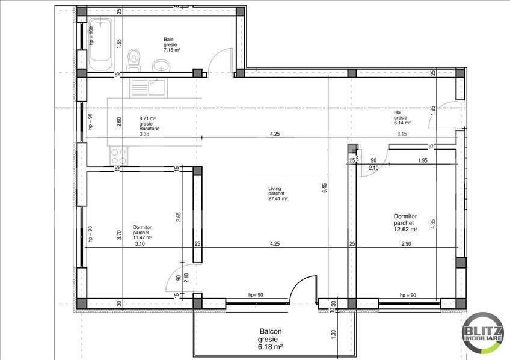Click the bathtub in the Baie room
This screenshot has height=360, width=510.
click(103, 43)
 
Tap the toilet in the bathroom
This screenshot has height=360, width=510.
click(134, 57)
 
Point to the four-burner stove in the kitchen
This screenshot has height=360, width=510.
click(117, 157)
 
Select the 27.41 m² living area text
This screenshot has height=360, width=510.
click(278, 198)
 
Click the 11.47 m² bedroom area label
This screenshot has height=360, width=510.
click(143, 237)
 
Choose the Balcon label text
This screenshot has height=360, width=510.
click(271, 332)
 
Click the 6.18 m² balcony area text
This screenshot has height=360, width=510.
click(271, 347)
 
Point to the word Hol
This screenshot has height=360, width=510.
click(397, 112)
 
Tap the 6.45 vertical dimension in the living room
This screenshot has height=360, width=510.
click(324, 187)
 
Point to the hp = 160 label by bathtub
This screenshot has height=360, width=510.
click(91, 35)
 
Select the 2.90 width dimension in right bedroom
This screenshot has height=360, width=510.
click(406, 243)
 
